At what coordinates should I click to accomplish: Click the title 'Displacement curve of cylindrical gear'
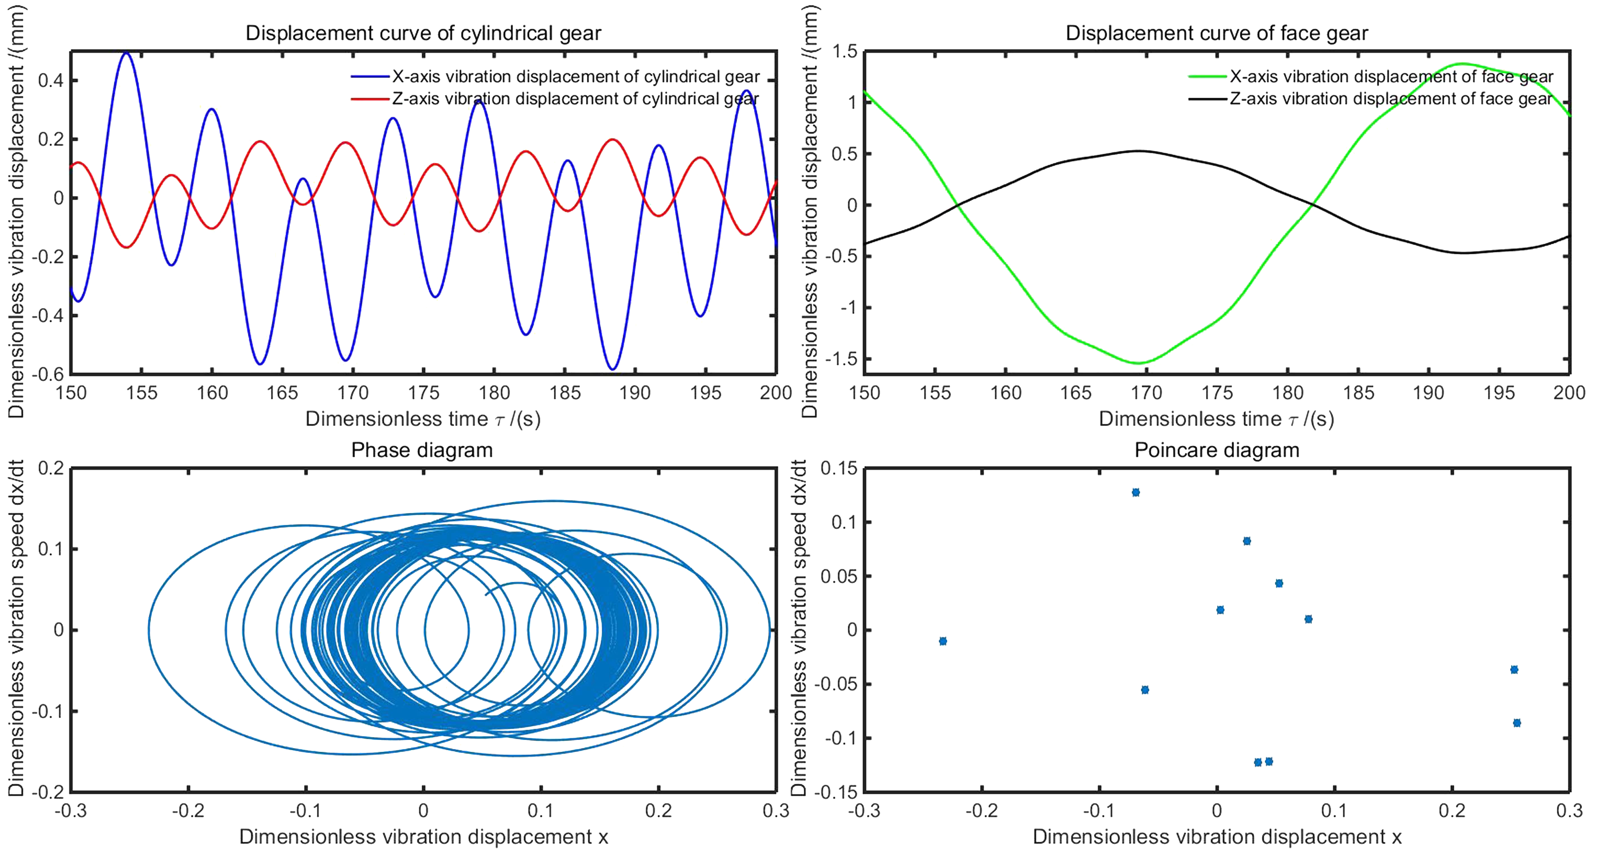(x=423, y=33)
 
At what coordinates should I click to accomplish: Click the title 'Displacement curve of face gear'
(x=1217, y=33)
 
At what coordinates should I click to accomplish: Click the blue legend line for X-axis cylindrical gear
(x=371, y=77)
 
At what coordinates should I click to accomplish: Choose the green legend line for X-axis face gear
(x=1207, y=77)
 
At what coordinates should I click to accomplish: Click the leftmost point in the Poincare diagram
(x=943, y=641)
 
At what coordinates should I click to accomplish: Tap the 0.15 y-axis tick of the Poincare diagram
(x=839, y=468)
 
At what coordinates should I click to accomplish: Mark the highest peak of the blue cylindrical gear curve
(x=127, y=53)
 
